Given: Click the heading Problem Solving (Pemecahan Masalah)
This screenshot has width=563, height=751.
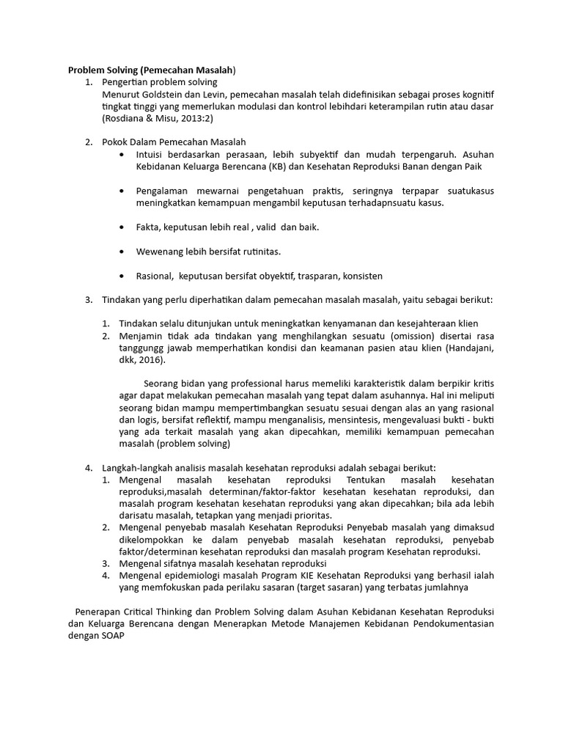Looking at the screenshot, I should point(152,70).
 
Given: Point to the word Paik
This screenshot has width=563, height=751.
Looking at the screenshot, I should point(469,166).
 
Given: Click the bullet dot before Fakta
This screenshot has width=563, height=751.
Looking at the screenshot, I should point(121,227).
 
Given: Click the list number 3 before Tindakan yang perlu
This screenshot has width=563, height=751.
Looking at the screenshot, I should point(87,300).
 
